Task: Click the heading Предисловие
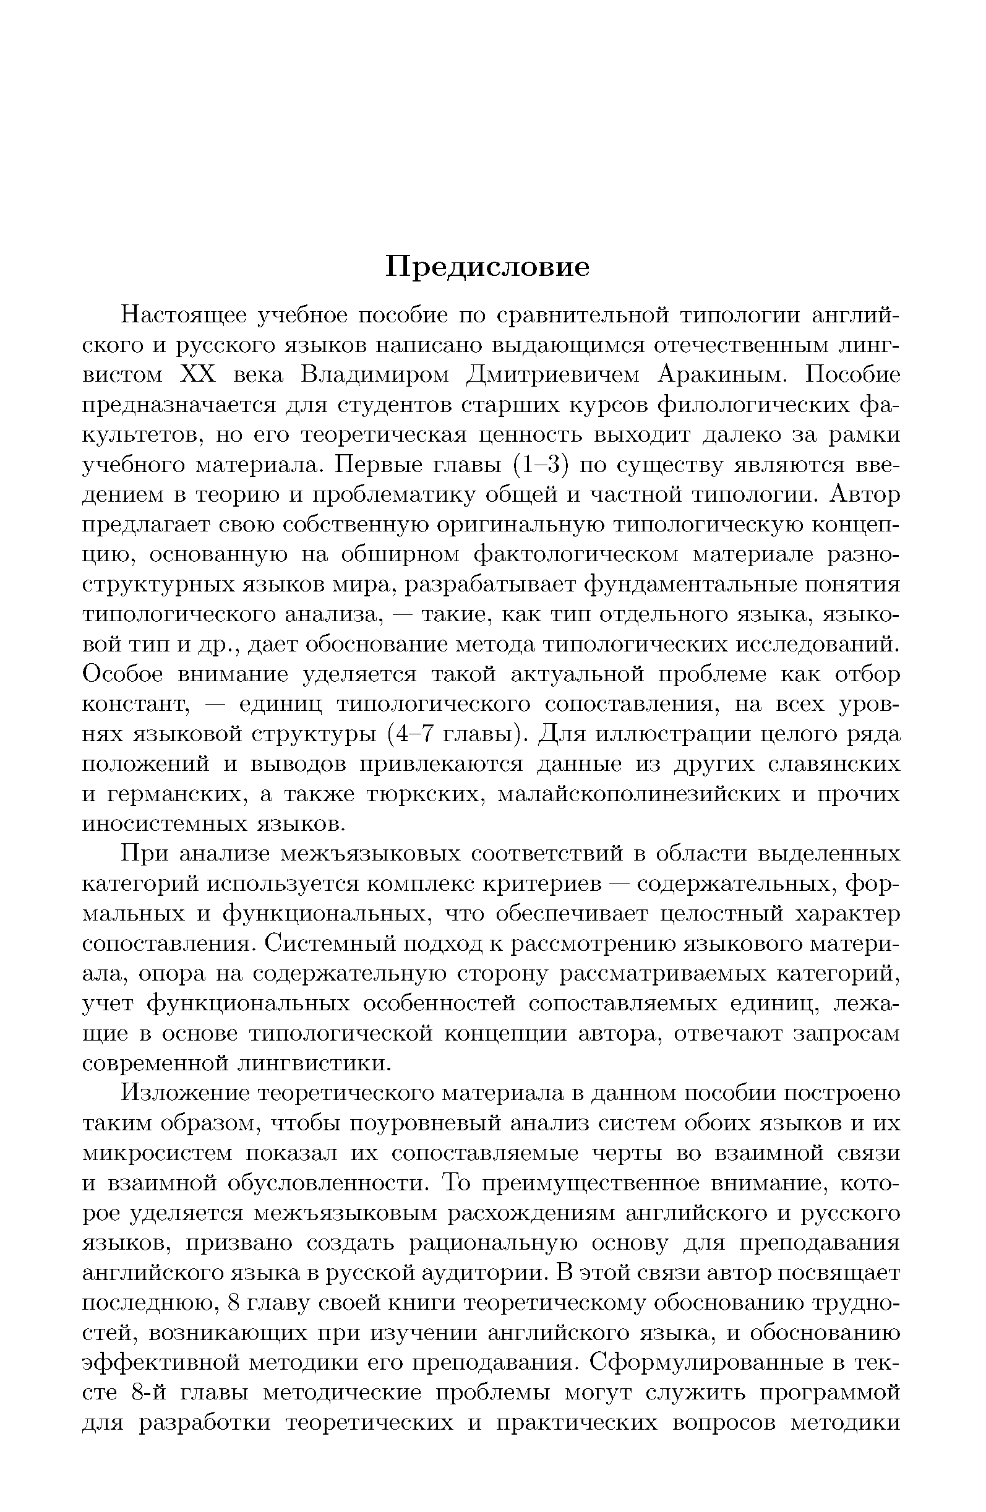click(x=487, y=267)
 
